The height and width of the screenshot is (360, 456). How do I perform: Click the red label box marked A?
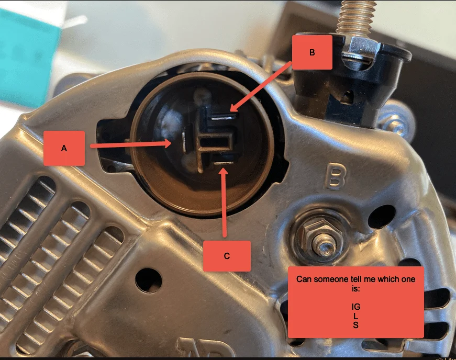(64, 148)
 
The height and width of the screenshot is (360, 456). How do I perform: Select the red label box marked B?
(312, 52)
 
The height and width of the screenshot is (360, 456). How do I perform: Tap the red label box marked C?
(227, 256)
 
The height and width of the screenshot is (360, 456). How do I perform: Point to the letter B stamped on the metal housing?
(335, 176)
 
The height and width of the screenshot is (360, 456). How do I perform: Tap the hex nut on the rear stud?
(319, 234)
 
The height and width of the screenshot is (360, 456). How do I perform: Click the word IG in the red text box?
(355, 307)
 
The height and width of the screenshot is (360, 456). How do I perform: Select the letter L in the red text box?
(355, 316)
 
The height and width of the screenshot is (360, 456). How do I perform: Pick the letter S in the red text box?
(355, 325)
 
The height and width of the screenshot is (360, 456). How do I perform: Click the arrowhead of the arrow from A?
(166, 143)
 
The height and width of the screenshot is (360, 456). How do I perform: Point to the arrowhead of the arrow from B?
(235, 107)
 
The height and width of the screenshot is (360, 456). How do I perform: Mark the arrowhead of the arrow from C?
(224, 172)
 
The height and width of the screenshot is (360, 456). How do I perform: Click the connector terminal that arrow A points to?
(184, 142)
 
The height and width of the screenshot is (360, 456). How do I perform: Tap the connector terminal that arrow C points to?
(224, 163)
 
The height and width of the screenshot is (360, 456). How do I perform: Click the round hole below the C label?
(149, 280)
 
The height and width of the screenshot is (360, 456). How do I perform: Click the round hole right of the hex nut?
(382, 217)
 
